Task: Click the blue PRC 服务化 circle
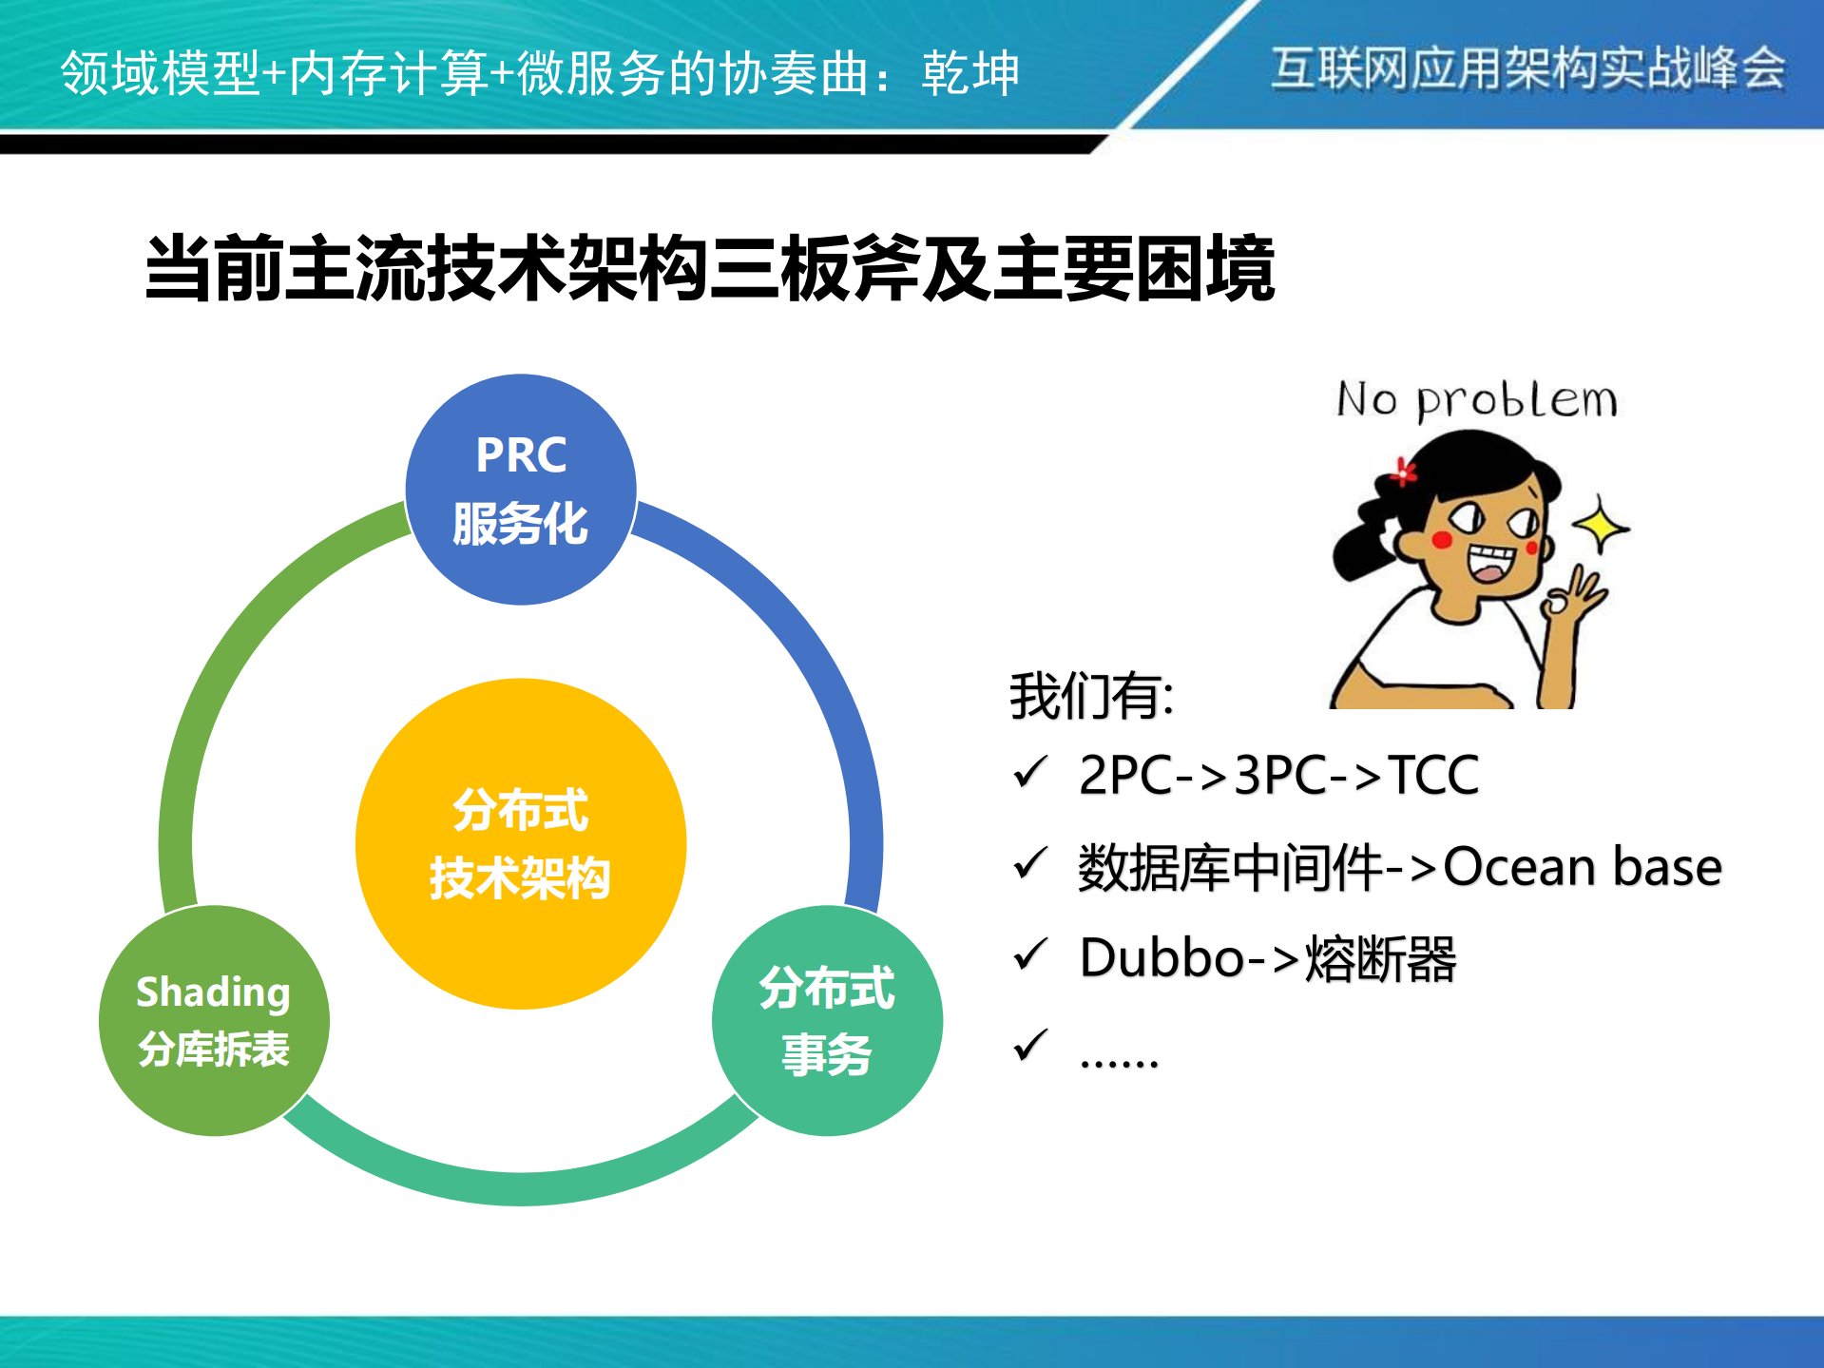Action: point(521,490)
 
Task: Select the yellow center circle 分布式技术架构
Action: point(521,843)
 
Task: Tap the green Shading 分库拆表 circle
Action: point(214,1020)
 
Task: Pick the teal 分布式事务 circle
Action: point(827,1020)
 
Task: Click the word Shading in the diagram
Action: point(213,992)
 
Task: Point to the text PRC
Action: point(521,455)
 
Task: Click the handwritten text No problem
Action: point(1476,400)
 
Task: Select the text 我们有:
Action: point(1091,697)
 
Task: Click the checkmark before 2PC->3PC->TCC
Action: point(1030,772)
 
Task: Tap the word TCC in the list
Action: point(1433,775)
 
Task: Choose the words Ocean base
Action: point(1583,867)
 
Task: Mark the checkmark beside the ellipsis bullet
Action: point(1030,1046)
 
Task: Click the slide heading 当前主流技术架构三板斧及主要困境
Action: point(709,269)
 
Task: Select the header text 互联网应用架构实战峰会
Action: point(1528,68)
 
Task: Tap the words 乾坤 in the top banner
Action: point(970,73)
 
